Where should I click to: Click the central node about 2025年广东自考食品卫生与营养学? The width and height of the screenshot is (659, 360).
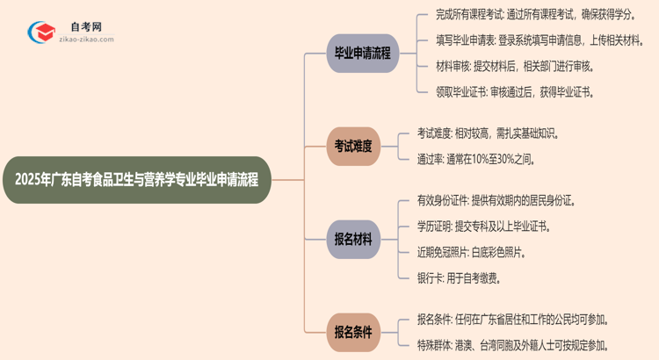click(142, 180)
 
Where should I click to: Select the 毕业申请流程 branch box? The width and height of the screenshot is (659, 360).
click(362, 53)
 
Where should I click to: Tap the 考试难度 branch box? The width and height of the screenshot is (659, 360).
click(353, 147)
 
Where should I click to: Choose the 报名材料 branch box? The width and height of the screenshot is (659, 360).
click(353, 239)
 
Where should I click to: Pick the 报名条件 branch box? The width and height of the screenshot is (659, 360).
click(353, 332)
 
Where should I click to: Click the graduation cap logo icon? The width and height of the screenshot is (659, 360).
click(42, 33)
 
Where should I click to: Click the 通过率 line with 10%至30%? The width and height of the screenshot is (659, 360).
click(477, 159)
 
